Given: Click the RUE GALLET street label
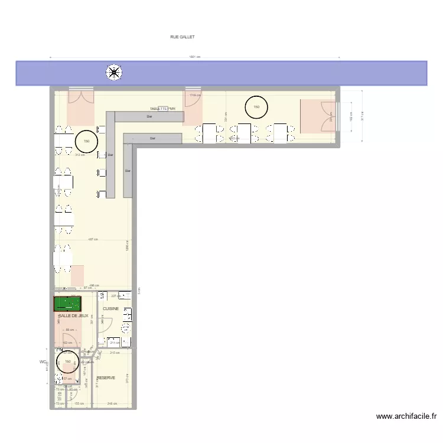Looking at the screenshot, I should tap(182, 37).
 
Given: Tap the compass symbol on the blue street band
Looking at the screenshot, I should tap(113, 73).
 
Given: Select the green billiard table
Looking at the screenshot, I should tap(68, 304).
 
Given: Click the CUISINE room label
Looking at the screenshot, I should tap(111, 309).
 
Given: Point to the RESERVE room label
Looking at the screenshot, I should tap(106, 377).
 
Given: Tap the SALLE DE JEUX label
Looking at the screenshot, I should tap(73, 316).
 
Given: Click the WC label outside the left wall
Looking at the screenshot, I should tap(43, 362).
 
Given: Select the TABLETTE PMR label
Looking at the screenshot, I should tap(163, 109).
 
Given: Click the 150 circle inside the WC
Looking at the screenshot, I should tap(67, 361).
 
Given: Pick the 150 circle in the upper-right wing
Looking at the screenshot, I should tap(256, 107).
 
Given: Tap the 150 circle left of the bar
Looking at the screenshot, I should tap(86, 141).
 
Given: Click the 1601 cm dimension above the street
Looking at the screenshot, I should tap(195, 57).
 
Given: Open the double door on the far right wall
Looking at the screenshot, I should tap(327, 116).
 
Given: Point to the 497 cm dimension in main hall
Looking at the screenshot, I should tap(93, 239).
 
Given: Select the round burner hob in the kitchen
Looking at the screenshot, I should tap(125, 327).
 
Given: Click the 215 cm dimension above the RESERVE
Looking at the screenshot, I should tap(115, 353).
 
